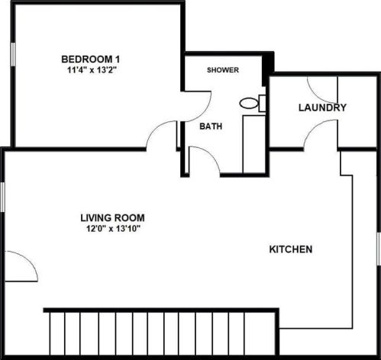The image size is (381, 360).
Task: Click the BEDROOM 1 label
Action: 91,59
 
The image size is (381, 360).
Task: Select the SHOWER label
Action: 224,70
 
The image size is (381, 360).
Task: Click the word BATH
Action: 211,127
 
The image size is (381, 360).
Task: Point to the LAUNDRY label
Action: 322,108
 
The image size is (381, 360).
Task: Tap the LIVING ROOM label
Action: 112,217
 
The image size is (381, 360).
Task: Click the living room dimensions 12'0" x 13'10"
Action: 112,227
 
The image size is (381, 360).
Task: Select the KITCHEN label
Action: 291,249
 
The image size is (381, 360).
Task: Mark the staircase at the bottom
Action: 160,333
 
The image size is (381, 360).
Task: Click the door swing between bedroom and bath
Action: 197,104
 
